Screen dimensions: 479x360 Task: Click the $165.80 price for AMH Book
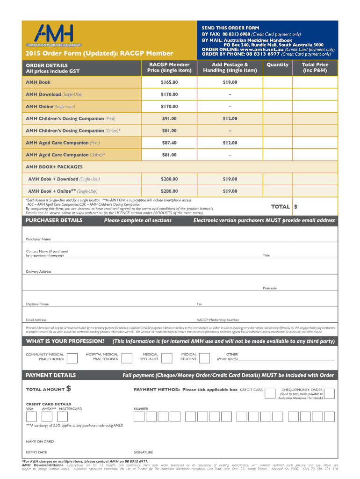tap(169, 82)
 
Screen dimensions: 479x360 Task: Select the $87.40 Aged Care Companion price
tap(169, 143)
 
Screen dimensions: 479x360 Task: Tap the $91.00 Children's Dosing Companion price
tap(169, 119)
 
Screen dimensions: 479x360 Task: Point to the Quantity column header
tap(277, 65)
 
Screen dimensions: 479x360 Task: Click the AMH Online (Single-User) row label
tap(50, 107)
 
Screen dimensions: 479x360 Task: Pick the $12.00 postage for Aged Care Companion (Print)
tap(230, 143)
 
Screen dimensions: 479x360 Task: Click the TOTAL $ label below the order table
tap(284, 206)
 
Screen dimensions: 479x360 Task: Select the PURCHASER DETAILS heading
tap(54, 220)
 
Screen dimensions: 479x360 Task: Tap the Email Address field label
tap(36, 320)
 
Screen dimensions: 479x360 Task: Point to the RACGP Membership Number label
tap(218, 320)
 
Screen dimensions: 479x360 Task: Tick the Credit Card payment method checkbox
tap(270, 394)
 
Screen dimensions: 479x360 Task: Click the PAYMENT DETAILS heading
tap(50, 375)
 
